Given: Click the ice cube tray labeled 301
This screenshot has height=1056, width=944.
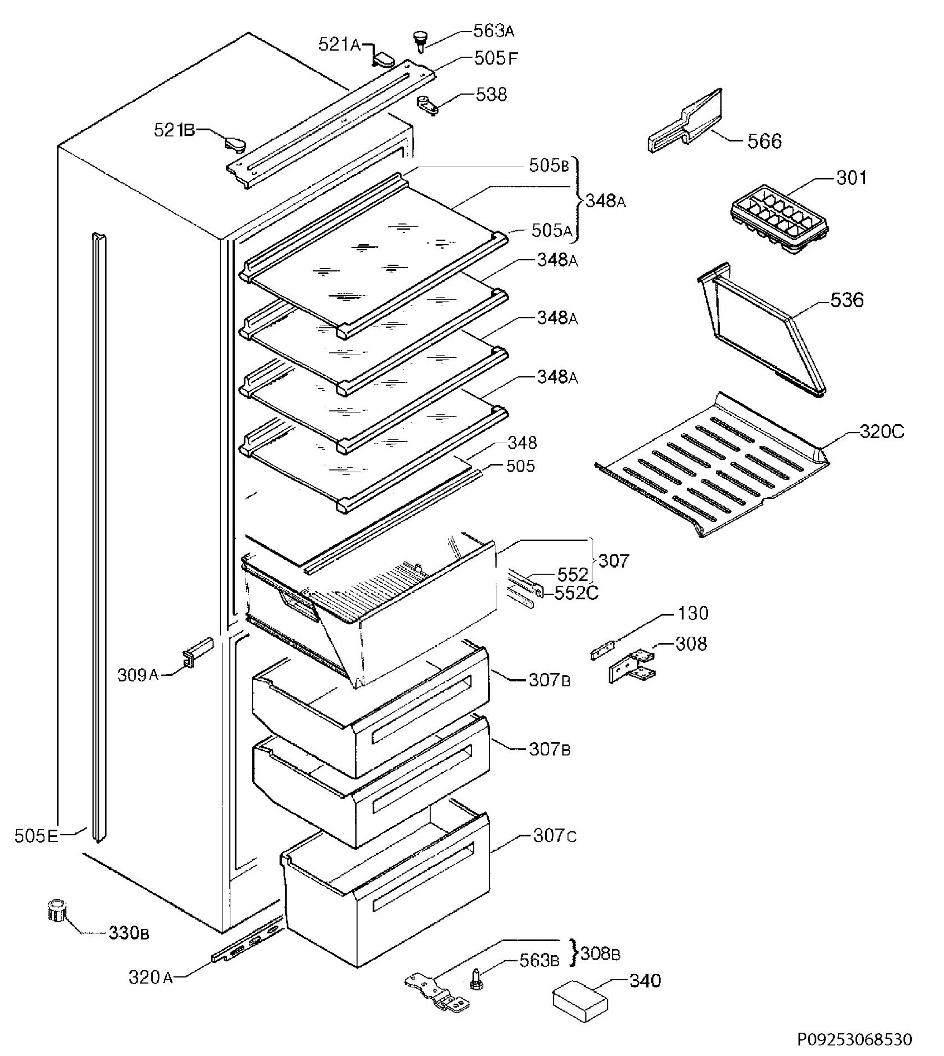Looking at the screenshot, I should [x=778, y=220].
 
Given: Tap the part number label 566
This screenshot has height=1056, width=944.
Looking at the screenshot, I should [x=764, y=141].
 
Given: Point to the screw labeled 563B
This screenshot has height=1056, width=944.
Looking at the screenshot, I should [x=475, y=978].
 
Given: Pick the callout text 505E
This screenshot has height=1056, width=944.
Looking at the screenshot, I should [x=36, y=836].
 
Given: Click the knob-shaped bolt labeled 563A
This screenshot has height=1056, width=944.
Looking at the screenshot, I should [x=420, y=40].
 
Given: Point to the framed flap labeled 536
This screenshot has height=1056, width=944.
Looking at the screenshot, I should [x=763, y=332].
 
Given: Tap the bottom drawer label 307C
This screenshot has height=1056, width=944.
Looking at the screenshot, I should [x=554, y=836].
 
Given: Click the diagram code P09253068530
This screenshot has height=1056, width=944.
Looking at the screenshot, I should [x=854, y=1039].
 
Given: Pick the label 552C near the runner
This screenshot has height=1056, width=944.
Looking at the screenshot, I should [x=576, y=593].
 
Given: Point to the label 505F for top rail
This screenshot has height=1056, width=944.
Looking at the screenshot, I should [x=495, y=58].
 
